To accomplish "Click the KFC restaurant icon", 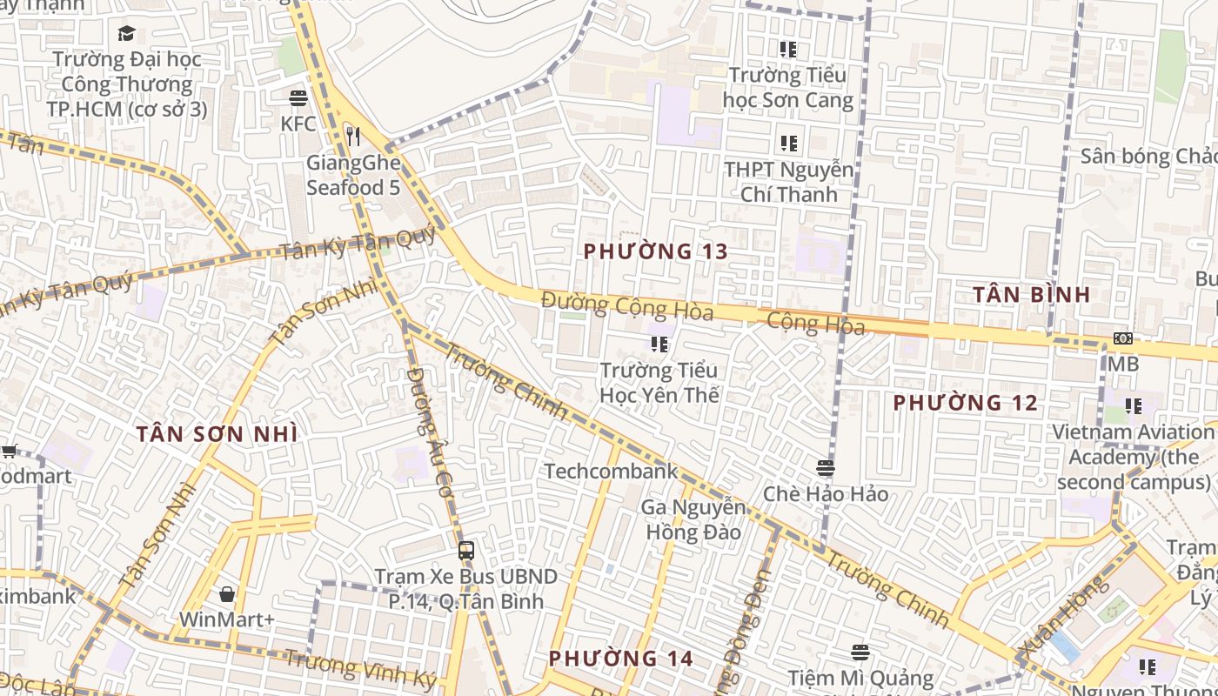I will [298, 97].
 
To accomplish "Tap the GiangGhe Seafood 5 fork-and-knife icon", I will [352, 136].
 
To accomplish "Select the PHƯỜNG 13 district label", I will [655, 251].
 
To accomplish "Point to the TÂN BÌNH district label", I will [1031, 294].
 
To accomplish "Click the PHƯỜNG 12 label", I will [966, 403].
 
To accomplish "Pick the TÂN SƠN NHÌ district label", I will [217, 433].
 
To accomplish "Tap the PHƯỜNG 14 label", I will [621, 659].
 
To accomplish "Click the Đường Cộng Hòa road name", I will [626, 306].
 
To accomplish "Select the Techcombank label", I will [611, 471].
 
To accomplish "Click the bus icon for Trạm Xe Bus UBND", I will [466, 550].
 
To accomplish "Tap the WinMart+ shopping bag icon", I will [227, 594].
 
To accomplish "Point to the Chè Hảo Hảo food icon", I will [826, 468].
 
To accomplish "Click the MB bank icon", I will [1123, 338].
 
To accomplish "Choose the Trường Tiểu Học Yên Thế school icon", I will [659, 345].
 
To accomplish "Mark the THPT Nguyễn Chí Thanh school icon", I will [788, 143].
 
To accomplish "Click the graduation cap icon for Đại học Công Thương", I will [126, 34].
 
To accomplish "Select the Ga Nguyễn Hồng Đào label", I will [693, 519].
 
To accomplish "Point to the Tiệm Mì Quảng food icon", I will [860, 652].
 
